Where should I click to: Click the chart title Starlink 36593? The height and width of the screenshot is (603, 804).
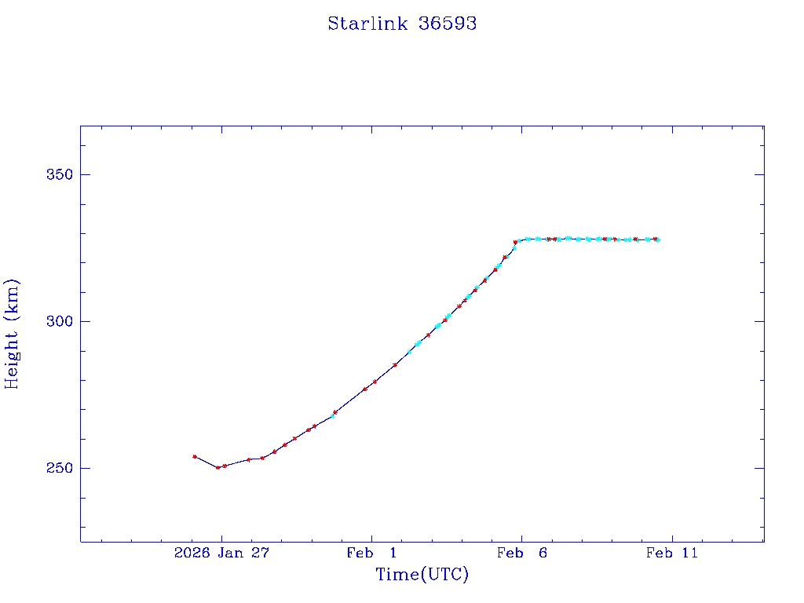click(402, 24)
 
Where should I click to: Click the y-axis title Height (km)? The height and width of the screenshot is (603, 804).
click(12, 334)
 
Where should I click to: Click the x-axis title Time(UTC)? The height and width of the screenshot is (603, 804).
click(422, 575)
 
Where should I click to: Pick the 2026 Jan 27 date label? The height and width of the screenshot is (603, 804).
click(221, 554)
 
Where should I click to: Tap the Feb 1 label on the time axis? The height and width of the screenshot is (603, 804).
click(371, 554)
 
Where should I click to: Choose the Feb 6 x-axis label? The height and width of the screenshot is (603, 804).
click(521, 554)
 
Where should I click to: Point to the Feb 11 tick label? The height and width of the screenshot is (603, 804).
click(671, 554)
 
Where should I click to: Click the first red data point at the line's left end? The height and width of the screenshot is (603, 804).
click(195, 456)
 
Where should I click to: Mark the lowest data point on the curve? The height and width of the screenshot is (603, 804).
click(218, 467)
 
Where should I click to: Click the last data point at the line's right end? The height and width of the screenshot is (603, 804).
click(657, 239)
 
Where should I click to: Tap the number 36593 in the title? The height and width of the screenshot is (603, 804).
click(448, 24)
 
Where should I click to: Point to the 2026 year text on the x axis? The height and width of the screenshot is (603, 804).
click(192, 554)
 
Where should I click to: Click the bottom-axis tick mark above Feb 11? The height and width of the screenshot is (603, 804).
click(671, 538)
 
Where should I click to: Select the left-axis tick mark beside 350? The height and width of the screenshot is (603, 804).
click(84, 174)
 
